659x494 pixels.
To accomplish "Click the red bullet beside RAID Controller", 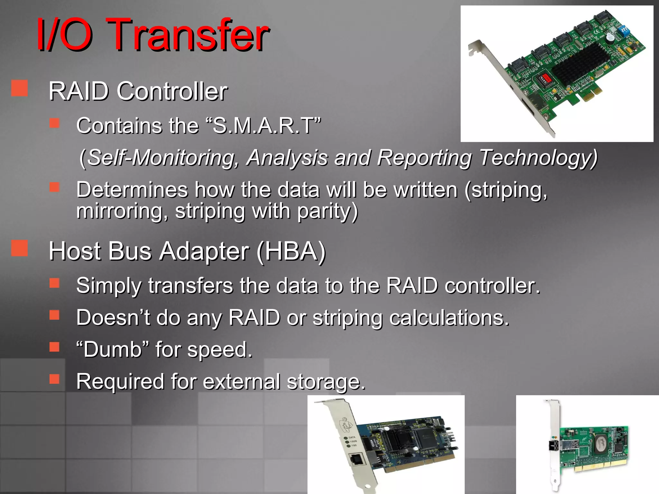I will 19,88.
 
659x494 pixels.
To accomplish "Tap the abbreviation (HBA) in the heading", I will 291,251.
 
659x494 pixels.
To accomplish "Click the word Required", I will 120,381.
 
